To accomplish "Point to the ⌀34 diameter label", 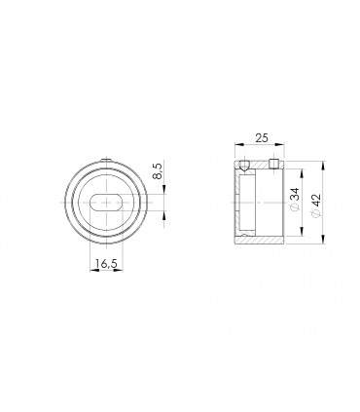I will pyautogui.click(x=295, y=203).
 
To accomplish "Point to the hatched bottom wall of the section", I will pyautogui.click(x=259, y=240).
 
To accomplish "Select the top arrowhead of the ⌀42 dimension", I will pyautogui.click(x=307, y=162).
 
